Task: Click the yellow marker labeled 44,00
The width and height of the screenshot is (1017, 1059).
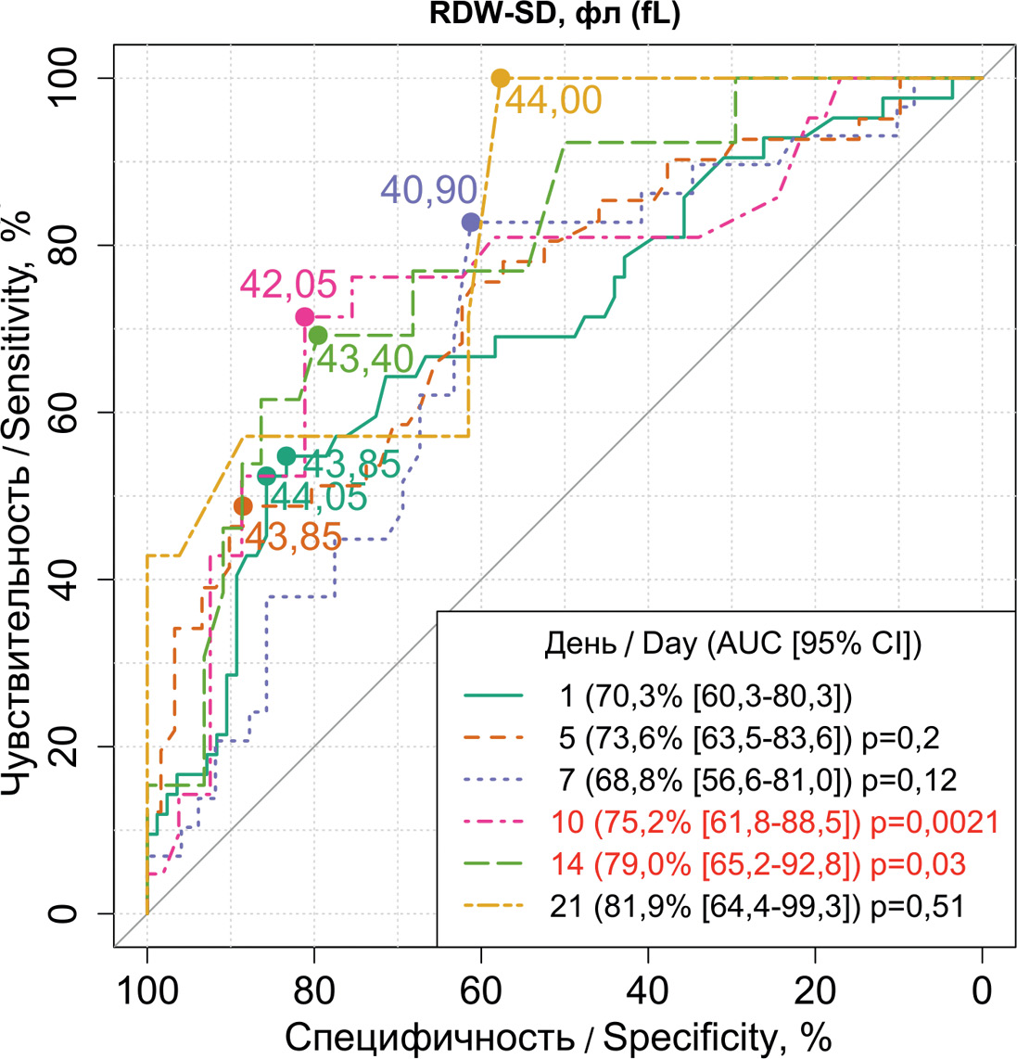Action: coord(501,78)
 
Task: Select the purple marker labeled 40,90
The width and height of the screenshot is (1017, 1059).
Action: coord(471,222)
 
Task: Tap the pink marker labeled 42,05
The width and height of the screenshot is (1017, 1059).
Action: coord(304,317)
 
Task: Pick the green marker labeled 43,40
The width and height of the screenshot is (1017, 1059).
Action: coord(318,335)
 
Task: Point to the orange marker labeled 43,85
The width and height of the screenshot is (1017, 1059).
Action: coord(243,506)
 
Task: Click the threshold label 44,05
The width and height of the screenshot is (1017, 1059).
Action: coord(316,497)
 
